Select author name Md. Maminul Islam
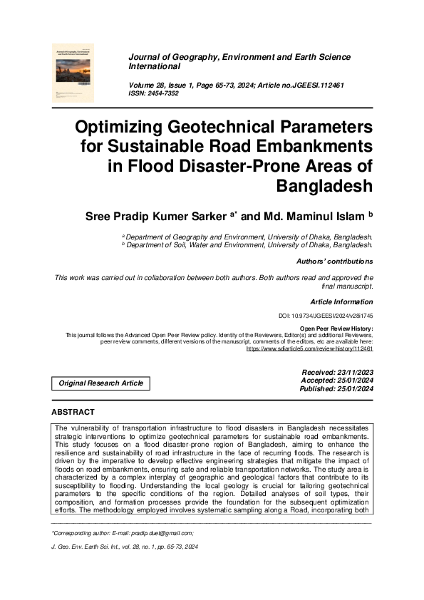click(x=306, y=215)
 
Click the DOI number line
click(x=325, y=316)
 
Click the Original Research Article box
click(x=101, y=383)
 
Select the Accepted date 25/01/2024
click(x=337, y=381)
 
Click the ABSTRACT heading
click(x=73, y=413)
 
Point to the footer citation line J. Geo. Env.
click(x=125, y=546)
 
